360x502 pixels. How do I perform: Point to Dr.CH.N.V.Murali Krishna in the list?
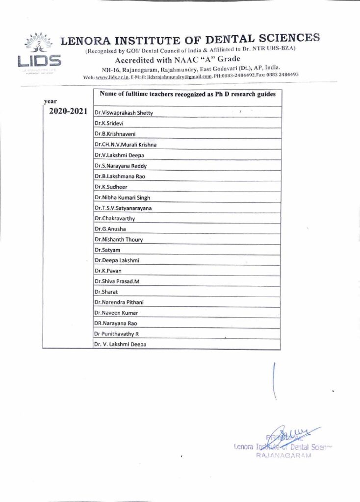click(x=126, y=144)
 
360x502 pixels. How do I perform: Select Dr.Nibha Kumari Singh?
click(x=122, y=198)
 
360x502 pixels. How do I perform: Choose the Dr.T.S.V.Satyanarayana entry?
click(x=123, y=208)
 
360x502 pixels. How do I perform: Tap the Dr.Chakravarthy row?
click(x=114, y=218)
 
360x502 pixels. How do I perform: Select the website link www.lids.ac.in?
click(x=112, y=77)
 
